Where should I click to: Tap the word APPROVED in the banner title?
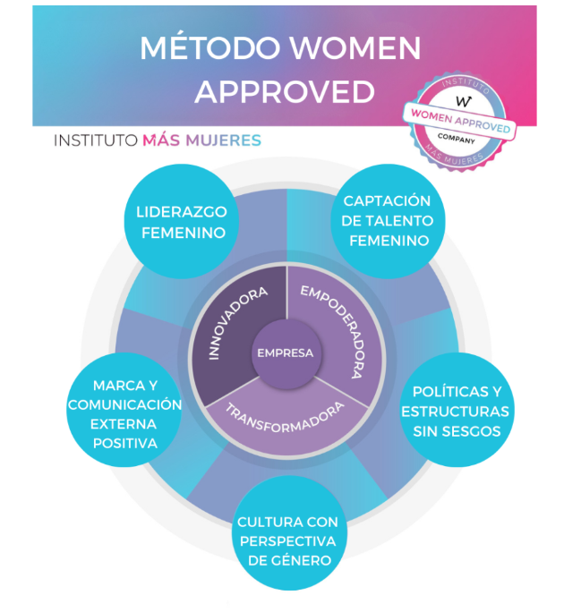click(284, 90)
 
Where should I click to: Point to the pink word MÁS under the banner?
click(162, 140)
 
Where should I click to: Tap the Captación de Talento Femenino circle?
click(388, 221)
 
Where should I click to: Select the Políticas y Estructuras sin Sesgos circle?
click(456, 412)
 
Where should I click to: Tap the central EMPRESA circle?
click(286, 353)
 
